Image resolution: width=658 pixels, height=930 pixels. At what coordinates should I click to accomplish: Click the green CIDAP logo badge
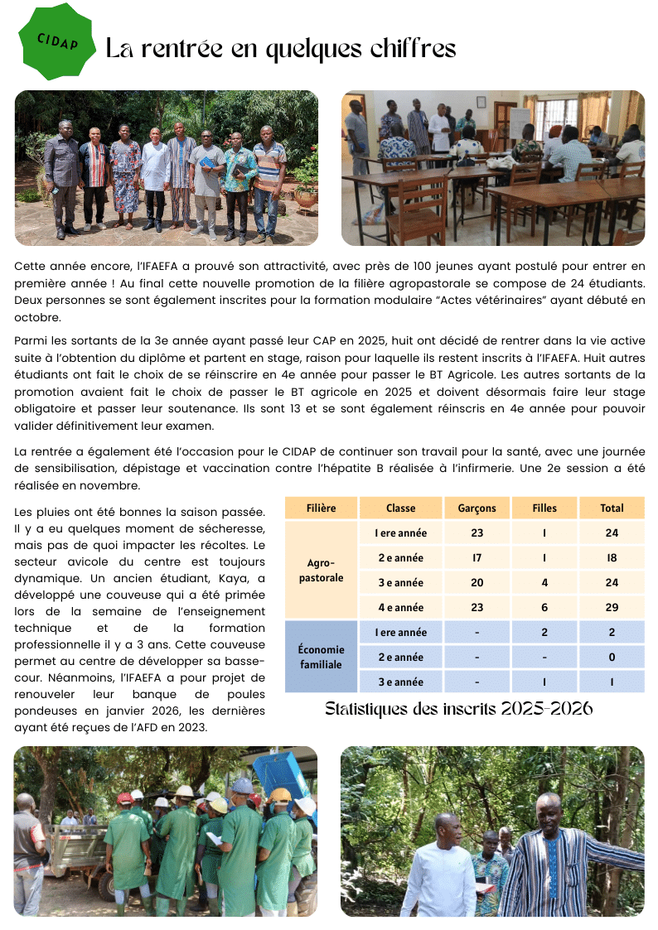click(57, 41)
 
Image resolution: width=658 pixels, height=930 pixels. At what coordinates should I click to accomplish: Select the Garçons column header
click(477, 508)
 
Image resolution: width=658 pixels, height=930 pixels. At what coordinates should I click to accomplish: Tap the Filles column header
click(544, 508)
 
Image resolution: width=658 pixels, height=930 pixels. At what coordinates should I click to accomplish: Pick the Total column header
click(612, 508)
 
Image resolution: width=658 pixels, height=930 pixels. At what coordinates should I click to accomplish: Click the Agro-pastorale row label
click(321, 570)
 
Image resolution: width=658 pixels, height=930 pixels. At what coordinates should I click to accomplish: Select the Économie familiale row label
click(321, 657)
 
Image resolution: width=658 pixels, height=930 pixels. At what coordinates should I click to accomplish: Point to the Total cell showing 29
click(612, 607)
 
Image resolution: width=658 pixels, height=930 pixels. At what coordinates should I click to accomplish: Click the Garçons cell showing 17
click(477, 557)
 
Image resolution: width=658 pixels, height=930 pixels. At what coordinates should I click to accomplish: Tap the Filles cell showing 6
click(544, 607)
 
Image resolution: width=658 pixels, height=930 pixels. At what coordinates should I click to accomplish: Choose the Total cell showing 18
click(612, 557)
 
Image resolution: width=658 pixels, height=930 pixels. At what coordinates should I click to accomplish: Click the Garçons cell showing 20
click(477, 582)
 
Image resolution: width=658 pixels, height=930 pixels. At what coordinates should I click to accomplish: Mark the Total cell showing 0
click(612, 657)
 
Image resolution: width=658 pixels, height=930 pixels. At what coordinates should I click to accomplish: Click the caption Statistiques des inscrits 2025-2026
click(458, 709)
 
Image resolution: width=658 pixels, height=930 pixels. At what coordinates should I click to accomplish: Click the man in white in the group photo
click(155, 174)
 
